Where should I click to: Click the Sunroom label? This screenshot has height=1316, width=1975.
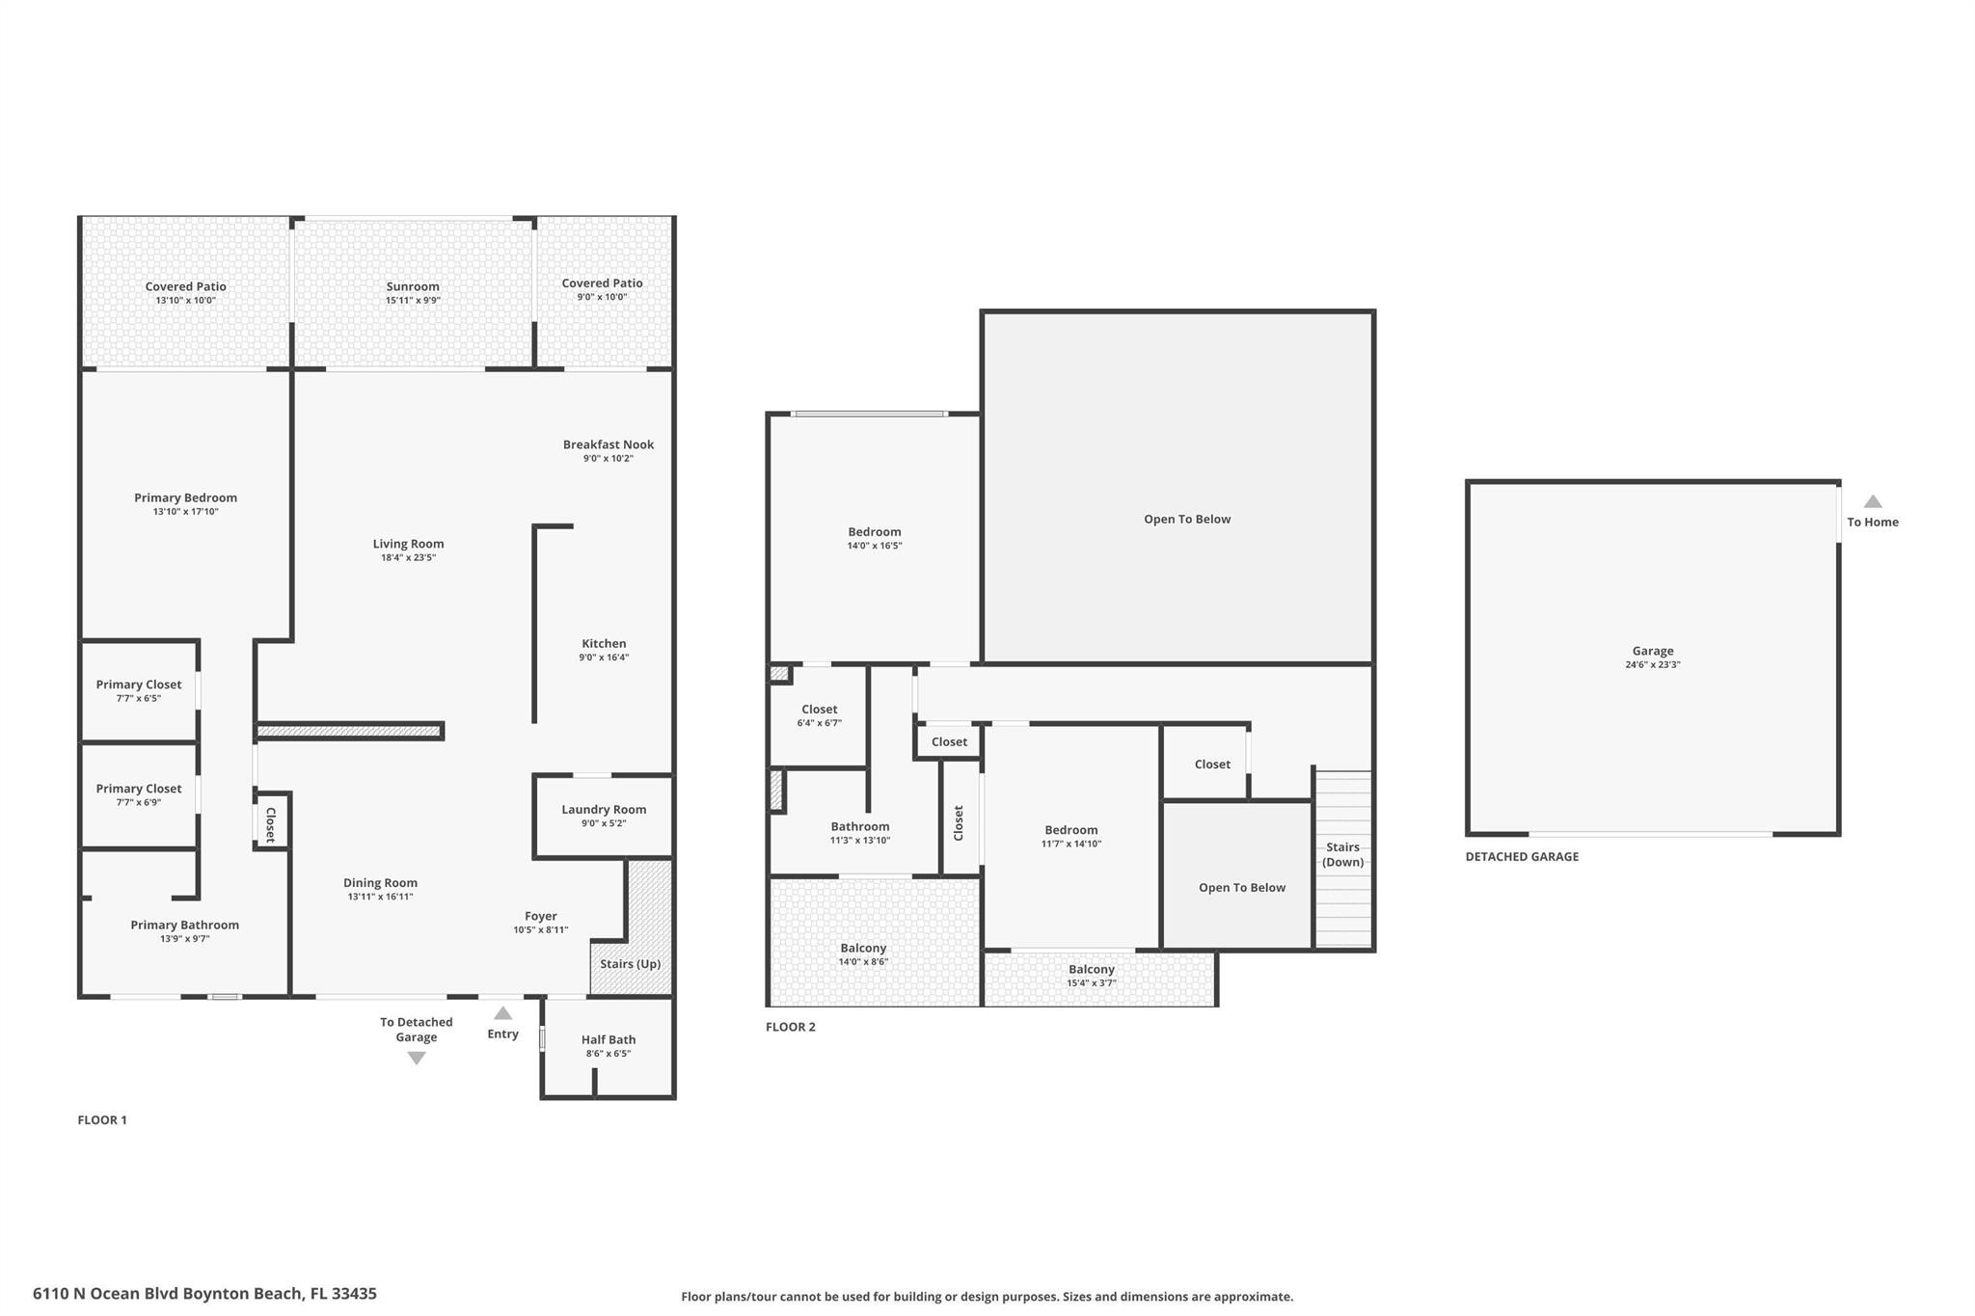pos(413,286)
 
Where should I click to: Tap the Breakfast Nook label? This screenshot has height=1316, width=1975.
pos(609,444)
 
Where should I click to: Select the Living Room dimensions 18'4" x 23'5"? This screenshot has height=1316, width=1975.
pos(408,557)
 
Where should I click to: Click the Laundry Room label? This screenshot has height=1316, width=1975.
pos(604,810)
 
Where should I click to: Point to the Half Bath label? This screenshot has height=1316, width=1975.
pos(609,1039)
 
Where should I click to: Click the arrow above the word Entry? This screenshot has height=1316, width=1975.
pos(502,1013)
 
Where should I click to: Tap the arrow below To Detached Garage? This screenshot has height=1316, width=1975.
pos(417,1058)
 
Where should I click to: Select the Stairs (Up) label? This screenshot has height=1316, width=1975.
pos(630,964)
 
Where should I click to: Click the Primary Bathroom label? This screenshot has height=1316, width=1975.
pos(185,925)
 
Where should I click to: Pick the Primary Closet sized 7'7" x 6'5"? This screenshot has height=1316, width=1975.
pos(139,685)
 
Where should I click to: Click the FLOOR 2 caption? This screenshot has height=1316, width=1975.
pos(791,1027)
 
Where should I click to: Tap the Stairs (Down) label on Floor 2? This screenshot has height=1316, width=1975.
pos(1342,854)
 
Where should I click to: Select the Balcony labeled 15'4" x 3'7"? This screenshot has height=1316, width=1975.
pos(1092,970)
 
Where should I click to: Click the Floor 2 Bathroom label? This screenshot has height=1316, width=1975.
pos(860,826)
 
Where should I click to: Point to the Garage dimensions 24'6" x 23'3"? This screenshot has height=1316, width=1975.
pos(1652,664)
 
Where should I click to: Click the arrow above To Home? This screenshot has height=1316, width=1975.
pos(1872,501)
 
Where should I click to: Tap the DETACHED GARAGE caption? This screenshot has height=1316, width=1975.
pos(1522,856)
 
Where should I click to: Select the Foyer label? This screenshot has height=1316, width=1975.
pos(540,916)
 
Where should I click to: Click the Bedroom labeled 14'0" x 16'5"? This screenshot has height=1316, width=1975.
pos(875,532)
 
